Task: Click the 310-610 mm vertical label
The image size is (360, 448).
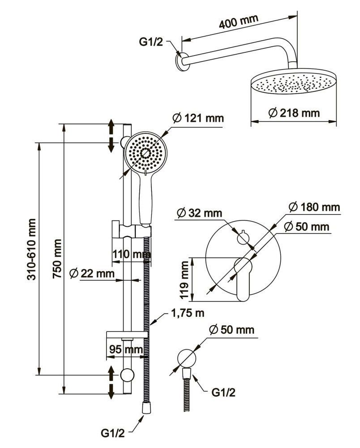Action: click(x=32, y=249)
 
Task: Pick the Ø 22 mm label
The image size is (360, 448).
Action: click(x=92, y=273)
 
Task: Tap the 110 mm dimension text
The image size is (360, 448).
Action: click(x=131, y=254)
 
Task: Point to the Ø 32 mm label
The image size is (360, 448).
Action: click(x=200, y=213)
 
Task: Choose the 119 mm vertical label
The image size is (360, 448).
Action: click(x=183, y=280)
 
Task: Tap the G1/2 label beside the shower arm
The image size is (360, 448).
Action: click(x=151, y=43)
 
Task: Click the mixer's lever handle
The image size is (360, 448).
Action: click(x=243, y=280)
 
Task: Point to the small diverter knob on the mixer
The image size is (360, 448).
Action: click(x=243, y=237)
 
